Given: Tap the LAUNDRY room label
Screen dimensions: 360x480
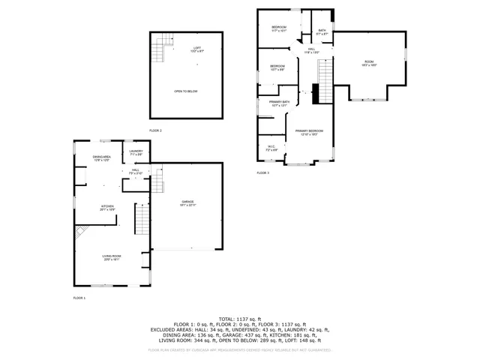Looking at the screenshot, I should pos(136,152).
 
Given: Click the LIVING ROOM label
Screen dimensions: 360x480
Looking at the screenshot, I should pos(112,257).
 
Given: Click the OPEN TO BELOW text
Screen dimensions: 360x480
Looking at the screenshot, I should pos(186,91).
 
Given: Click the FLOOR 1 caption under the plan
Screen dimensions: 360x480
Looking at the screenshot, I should pos(79,298).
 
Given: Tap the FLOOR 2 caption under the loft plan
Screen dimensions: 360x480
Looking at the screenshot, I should pos(155,130).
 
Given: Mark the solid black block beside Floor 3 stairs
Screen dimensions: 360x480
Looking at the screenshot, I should pos(315,94).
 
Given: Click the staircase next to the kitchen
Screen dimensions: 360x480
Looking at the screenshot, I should pos(142,220).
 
